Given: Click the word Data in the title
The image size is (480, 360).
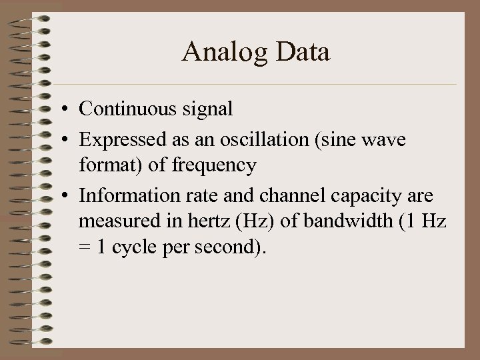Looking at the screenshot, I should pyautogui.click(x=301, y=52).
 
